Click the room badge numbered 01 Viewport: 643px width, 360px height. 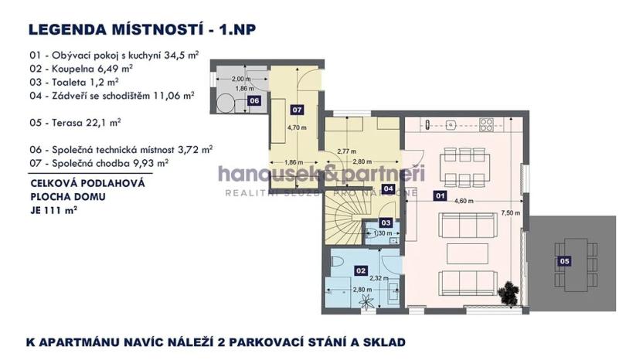pyautogui.click(x=440, y=196)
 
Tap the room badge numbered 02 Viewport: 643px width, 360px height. pyautogui.click(x=359, y=270)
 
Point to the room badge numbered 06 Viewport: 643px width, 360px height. pyautogui.click(x=254, y=100)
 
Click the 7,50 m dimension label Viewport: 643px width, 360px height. pyautogui.click(x=511, y=212)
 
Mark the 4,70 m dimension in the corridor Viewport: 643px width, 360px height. pyautogui.click(x=298, y=127)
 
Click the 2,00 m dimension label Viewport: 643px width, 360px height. pyautogui.click(x=238, y=80)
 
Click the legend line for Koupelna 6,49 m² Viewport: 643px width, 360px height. pyautogui.click(x=81, y=67)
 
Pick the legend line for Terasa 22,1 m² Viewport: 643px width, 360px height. pyautogui.click(x=77, y=121)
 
